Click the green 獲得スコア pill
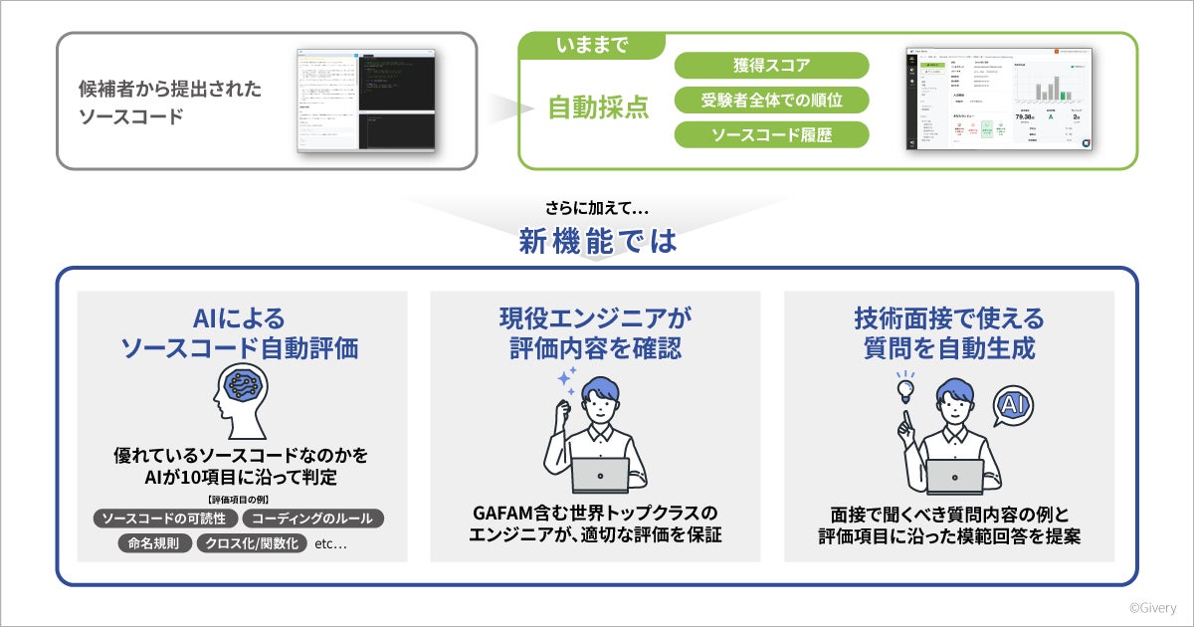point(771,66)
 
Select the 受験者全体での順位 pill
point(771,100)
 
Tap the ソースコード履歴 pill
point(771,134)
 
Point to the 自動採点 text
point(598,107)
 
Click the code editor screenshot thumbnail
point(366,99)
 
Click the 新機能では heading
point(597,240)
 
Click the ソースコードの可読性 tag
point(165,519)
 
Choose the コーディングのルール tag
point(312,519)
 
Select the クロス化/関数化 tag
point(251,544)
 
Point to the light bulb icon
point(905,388)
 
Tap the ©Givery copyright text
point(1152,606)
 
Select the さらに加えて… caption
point(597,209)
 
